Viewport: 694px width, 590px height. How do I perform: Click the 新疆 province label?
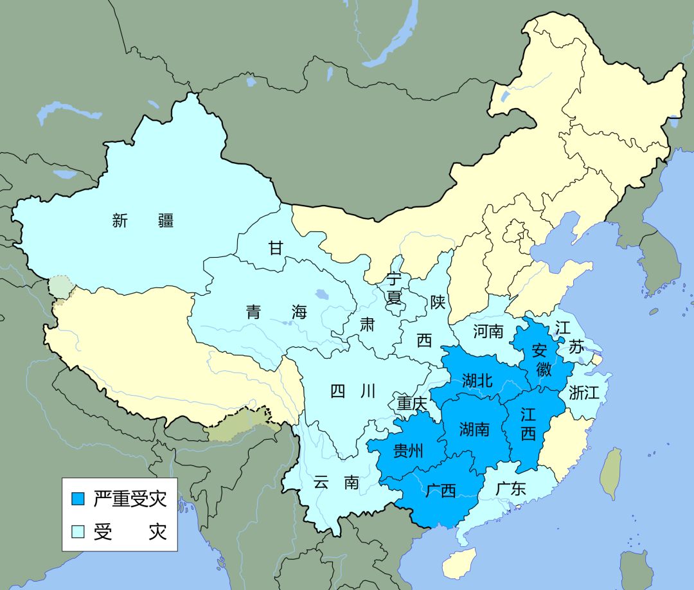point(143,221)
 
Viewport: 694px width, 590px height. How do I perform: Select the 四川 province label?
point(352,391)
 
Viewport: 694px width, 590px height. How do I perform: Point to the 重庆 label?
point(411,404)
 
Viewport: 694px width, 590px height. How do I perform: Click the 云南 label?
point(336,482)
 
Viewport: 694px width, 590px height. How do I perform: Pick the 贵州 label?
point(408,450)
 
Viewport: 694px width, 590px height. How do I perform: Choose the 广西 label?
point(441,491)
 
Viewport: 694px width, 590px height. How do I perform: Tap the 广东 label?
point(511,488)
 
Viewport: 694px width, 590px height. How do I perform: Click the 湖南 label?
point(474,429)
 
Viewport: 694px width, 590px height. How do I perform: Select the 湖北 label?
point(477,380)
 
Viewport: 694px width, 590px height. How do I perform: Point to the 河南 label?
point(488,332)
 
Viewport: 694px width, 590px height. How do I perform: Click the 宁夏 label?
point(393,289)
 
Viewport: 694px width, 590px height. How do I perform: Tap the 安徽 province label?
point(542,361)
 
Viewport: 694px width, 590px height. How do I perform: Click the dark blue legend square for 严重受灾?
point(78,499)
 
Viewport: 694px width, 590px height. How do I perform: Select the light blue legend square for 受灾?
point(78,532)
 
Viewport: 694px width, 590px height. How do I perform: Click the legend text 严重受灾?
point(130,499)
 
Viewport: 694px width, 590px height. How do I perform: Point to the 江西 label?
point(528,424)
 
